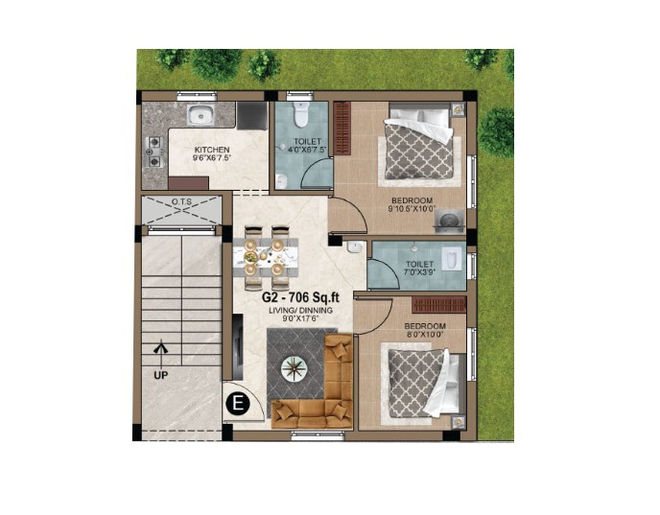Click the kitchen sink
tap(200, 114)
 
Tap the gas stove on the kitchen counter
tap(154, 152)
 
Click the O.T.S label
tap(181, 202)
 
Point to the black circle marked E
tap(238, 404)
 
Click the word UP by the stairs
tap(160, 375)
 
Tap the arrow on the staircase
tap(160, 354)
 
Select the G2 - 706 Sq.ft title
tap(300, 297)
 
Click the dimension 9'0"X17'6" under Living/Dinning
tap(301, 318)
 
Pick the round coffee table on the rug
tap(295, 369)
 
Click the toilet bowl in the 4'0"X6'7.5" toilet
tap(301, 114)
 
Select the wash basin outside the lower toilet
tap(356, 247)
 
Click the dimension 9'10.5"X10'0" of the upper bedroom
tap(412, 208)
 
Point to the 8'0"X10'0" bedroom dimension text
tap(425, 334)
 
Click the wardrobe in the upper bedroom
tap(342, 129)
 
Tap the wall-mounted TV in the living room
tap(238, 347)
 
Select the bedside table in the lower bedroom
tap(458, 422)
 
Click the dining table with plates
tap(266, 257)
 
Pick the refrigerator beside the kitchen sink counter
tap(251, 115)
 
